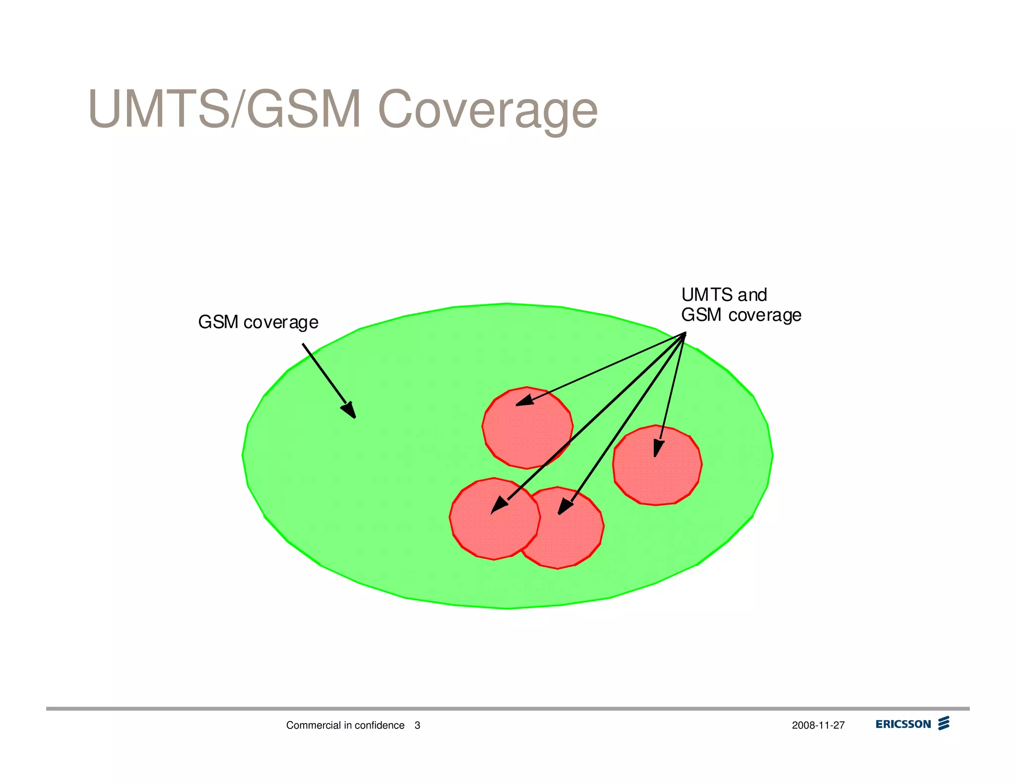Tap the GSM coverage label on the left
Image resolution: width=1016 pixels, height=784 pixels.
(x=258, y=322)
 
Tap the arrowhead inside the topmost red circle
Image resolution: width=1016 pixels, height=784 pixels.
(x=524, y=400)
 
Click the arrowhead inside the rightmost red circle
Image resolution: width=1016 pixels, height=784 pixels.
(x=658, y=448)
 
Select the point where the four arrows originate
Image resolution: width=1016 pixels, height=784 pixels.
(x=685, y=334)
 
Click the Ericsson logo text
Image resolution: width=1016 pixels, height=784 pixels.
(x=903, y=724)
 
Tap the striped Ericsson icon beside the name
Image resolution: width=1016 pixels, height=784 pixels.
(x=944, y=723)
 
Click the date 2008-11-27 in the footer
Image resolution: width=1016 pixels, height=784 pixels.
(x=818, y=726)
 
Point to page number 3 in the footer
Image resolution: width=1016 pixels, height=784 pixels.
(x=417, y=726)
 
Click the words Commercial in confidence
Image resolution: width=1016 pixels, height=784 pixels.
(x=345, y=726)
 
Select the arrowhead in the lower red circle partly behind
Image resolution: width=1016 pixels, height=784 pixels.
(x=565, y=507)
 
